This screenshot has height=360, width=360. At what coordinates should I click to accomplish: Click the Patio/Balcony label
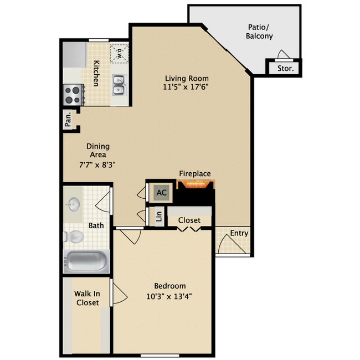tap(259, 32)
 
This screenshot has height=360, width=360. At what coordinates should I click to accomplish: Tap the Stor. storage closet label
tap(284, 69)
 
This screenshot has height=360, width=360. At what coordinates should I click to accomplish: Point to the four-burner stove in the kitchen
tap(73, 95)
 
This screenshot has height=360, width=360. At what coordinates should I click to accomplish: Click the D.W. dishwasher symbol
tap(119, 53)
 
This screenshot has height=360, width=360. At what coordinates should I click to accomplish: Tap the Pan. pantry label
tap(68, 119)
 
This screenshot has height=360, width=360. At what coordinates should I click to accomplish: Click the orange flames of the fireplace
tap(195, 184)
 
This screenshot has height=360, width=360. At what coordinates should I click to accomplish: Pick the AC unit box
tap(161, 192)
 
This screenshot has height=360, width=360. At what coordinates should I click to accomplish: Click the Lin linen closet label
tap(158, 217)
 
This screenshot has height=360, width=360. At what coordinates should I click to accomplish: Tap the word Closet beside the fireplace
tap(189, 220)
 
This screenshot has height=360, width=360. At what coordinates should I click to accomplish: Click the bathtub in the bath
tap(86, 261)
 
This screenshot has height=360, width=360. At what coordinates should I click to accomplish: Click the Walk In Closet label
tap(87, 298)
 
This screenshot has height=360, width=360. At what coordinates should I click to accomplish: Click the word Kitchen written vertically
tap(96, 73)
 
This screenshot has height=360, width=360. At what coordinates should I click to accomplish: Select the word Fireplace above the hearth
tap(194, 174)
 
